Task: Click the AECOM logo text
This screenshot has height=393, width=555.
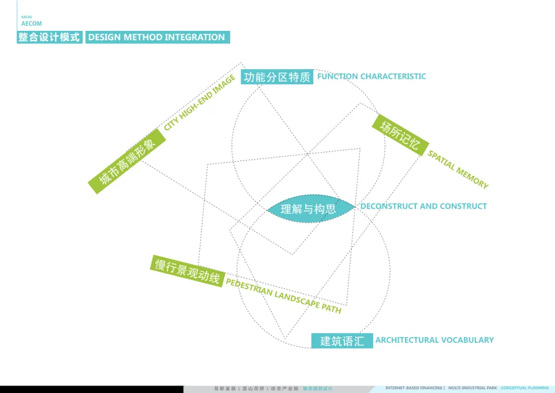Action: (x=31, y=24)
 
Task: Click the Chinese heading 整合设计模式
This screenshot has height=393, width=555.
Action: (x=49, y=37)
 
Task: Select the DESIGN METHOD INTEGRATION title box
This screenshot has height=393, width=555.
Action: (x=157, y=37)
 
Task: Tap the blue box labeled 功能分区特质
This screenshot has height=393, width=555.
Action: (x=277, y=77)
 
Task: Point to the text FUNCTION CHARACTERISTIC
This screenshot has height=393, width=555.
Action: (x=372, y=76)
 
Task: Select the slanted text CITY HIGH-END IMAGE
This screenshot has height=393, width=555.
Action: (x=200, y=102)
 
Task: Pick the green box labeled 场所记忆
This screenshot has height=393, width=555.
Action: (x=400, y=135)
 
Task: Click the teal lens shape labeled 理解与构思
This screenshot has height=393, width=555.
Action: (x=310, y=208)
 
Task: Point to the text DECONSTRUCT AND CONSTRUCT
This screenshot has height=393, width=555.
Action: (x=423, y=206)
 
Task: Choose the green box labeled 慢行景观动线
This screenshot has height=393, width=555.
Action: (x=188, y=271)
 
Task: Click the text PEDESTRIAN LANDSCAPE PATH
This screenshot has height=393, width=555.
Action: (x=283, y=296)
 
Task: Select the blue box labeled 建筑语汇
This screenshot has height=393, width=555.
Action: (x=342, y=341)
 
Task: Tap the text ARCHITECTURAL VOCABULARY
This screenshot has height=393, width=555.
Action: (x=434, y=340)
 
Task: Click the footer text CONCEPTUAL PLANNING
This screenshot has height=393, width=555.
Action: (x=525, y=388)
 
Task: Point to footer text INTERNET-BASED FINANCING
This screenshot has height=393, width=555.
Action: (x=414, y=388)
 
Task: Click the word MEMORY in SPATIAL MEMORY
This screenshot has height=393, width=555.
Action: (x=472, y=177)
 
